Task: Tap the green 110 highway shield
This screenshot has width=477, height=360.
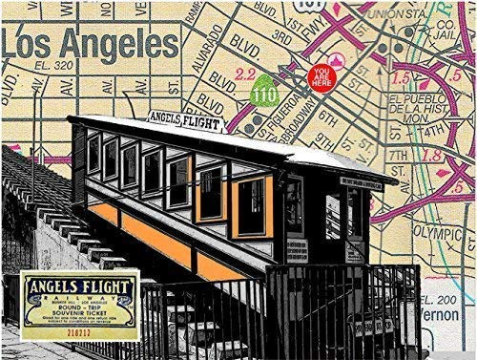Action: click(264, 96)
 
